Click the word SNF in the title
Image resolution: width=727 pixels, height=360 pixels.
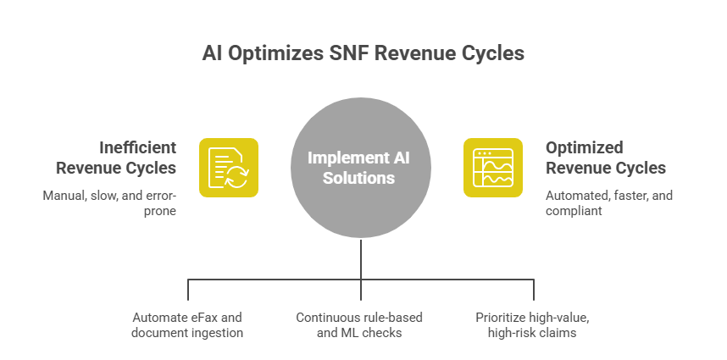tap(346, 53)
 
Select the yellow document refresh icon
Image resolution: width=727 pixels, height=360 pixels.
tap(229, 167)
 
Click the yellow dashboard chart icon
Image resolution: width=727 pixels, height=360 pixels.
tap(492, 167)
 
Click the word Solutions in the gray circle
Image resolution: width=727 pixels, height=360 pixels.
tap(363, 178)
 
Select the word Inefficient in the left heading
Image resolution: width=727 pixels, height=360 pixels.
tap(136, 147)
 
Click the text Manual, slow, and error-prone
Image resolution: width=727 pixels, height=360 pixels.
tap(109, 202)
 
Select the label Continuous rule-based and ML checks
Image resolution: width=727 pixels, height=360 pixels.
tap(358, 324)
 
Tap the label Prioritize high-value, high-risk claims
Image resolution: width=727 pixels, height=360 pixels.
tap(533, 324)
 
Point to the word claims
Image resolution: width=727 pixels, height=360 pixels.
tap(558, 332)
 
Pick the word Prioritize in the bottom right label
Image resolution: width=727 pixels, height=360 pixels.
tap(501, 318)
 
